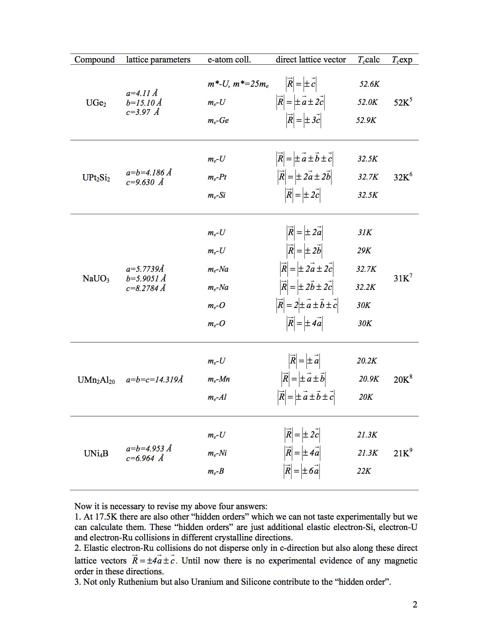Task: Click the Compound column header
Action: [95, 59]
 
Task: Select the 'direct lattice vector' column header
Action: [311, 59]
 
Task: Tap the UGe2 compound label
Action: [96, 103]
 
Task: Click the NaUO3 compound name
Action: [96, 278]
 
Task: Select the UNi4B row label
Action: [96, 453]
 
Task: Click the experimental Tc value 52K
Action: [403, 102]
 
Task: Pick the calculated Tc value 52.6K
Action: [369, 84]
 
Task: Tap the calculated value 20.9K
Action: [369, 379]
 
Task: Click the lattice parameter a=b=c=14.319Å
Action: [154, 380]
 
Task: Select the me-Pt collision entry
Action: [217, 177]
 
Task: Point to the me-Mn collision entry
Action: [218, 379]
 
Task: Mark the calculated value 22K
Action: [364, 471]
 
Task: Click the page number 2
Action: [415, 604]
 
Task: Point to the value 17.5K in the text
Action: [107, 517]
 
